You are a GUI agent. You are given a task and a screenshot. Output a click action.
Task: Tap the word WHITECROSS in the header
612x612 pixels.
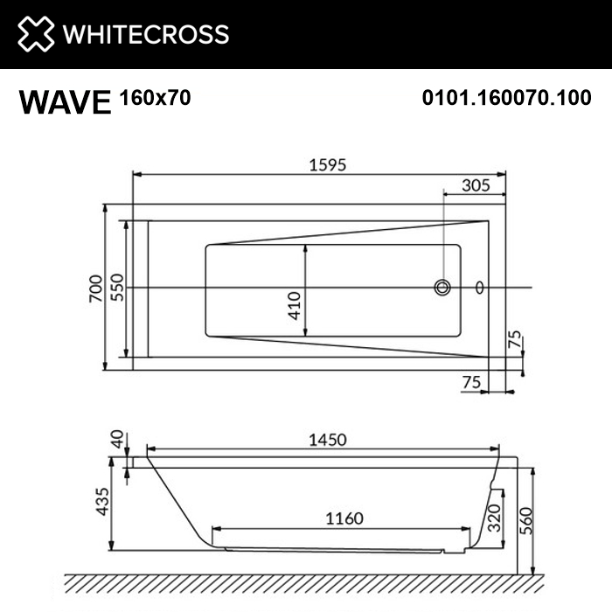point(145,34)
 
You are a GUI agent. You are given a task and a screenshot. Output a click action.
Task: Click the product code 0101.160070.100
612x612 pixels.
point(506,99)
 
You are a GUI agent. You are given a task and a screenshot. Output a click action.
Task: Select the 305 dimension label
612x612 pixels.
point(474,184)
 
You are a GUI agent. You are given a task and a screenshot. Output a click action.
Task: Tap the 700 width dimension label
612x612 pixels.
point(94,288)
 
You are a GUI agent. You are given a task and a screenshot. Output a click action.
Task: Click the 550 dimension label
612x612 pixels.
point(116,288)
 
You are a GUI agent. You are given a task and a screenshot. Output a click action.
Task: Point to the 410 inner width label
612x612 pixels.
point(295,303)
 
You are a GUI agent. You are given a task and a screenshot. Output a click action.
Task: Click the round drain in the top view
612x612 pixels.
point(442,287)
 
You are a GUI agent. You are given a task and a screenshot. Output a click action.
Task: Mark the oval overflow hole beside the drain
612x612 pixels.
point(478,287)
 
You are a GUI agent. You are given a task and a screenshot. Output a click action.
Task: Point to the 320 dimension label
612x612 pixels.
point(493,519)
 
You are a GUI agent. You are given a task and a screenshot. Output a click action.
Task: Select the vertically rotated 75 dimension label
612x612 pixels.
point(515,340)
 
